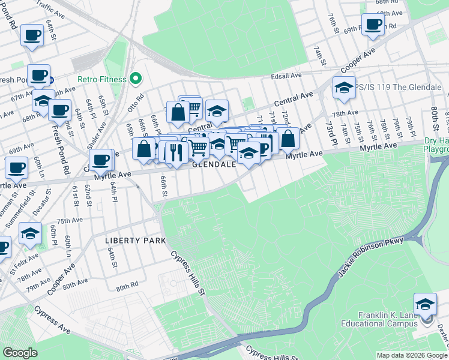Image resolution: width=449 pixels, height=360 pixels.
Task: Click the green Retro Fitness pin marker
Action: [136, 79]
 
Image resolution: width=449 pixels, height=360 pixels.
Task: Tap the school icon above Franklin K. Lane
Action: [425, 304]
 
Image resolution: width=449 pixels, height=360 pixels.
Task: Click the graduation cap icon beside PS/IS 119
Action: [344, 87]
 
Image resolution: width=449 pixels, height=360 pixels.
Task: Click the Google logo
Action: [20, 352]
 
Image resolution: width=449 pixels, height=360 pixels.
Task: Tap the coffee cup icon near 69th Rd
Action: [373, 25]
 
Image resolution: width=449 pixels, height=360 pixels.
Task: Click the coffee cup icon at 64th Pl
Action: [101, 160]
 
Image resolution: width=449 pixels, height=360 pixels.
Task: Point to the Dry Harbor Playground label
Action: [436, 145]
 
